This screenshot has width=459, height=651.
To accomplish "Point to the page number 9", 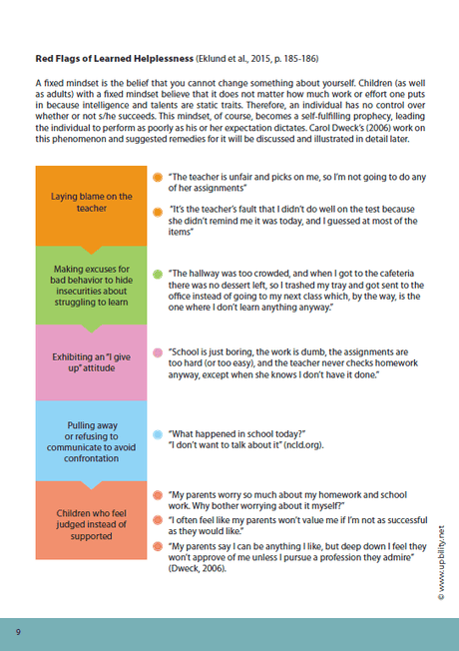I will click(18, 633).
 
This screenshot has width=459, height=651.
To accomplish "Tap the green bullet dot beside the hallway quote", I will click(158, 273).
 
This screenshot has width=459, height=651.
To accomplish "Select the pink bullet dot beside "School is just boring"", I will click(158, 352).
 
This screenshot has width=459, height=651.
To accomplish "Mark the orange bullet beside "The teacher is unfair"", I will click(158, 176).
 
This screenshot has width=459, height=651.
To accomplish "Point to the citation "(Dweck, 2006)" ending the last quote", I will click(199, 569).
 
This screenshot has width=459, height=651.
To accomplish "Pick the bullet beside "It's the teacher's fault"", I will click(158, 211).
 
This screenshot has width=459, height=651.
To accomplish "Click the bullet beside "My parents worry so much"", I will click(158, 495).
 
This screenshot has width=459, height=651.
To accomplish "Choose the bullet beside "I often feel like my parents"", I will click(158, 520).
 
